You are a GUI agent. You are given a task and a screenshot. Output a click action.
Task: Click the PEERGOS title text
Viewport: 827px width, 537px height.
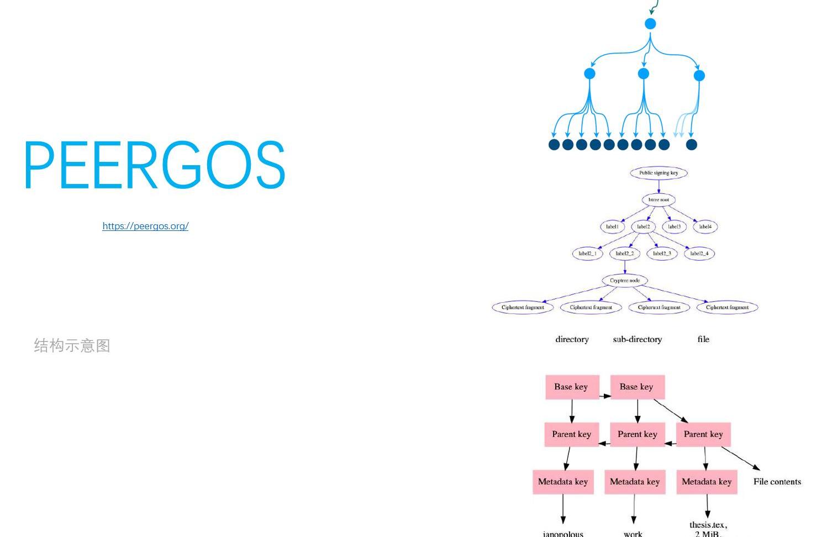pos(154,165)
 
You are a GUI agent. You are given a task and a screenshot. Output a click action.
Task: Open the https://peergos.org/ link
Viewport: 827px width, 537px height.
pos(145,226)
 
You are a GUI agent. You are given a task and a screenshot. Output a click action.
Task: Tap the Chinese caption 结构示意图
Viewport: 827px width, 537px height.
pos(72,346)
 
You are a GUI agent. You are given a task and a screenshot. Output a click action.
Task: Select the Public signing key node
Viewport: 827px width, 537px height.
pos(659,173)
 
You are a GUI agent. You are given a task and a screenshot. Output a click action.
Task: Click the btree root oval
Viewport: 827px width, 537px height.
pos(659,199)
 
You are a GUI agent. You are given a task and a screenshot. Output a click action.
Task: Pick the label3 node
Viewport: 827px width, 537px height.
pos(674,227)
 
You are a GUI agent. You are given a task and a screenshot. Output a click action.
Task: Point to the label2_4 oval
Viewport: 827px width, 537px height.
pos(699,254)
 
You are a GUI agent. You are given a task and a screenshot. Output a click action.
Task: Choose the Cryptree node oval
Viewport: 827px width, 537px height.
pos(625,281)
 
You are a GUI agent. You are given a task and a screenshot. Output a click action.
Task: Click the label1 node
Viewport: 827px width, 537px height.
pos(612,227)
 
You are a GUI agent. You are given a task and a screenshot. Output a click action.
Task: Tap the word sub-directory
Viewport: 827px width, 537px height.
pos(637,339)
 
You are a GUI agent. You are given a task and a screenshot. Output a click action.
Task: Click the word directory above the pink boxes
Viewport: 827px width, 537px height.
pos(572,339)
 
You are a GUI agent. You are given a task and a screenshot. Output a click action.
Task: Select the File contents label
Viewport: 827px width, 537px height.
pos(777,482)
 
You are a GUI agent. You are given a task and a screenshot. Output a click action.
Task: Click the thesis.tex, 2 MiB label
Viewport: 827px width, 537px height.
pos(708,529)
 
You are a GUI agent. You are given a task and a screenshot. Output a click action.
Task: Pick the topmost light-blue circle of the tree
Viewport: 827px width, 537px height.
pos(650,24)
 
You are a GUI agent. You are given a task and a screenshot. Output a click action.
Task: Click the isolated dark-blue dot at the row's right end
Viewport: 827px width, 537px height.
pos(691,145)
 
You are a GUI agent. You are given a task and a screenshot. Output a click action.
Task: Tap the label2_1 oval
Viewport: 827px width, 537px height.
pos(587,254)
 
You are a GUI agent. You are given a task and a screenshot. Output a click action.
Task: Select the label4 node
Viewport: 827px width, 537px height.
pos(705,227)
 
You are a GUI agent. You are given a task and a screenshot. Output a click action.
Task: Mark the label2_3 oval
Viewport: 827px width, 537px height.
pos(662,254)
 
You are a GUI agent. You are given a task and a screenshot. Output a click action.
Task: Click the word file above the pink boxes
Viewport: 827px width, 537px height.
pos(703,339)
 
